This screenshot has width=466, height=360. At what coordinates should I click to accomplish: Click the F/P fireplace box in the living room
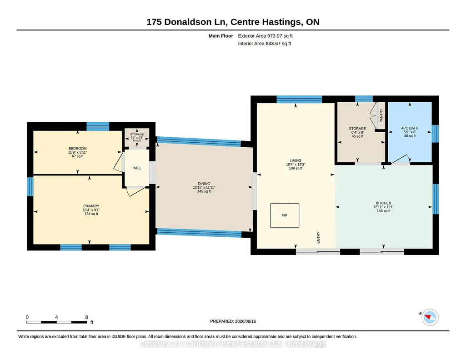[x=285, y=215]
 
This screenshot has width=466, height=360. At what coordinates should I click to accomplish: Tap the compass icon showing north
[x=430, y=317]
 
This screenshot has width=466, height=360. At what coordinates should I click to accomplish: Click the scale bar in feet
[x=56, y=322]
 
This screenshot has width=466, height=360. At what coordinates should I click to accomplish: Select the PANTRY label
[x=381, y=115]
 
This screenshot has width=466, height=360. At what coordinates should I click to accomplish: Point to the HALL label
[x=137, y=168]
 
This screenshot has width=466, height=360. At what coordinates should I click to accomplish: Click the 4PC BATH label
[x=410, y=128]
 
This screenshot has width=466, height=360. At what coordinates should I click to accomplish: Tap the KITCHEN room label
[x=383, y=203]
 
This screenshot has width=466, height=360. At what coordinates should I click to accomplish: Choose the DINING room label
[x=204, y=184]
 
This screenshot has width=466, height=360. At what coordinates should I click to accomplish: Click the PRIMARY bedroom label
[x=91, y=206]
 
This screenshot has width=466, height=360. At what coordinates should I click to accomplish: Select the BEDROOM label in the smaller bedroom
[x=78, y=149]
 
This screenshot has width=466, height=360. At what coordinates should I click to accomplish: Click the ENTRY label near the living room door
[x=318, y=238]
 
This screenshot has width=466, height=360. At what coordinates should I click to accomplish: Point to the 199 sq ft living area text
[x=296, y=168]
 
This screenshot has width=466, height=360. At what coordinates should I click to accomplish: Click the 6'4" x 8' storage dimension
[x=357, y=132]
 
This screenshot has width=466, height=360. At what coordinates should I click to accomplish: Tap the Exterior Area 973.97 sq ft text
[x=265, y=36]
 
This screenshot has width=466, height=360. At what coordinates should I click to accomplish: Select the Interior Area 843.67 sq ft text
[x=265, y=43]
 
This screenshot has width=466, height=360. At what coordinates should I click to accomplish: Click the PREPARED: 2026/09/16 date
[x=233, y=321]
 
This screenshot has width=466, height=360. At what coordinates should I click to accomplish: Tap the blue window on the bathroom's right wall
[x=436, y=134]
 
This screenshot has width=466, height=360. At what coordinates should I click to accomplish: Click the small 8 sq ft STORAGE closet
[x=137, y=137]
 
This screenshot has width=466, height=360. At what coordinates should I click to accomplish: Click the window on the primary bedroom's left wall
[x=30, y=186]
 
